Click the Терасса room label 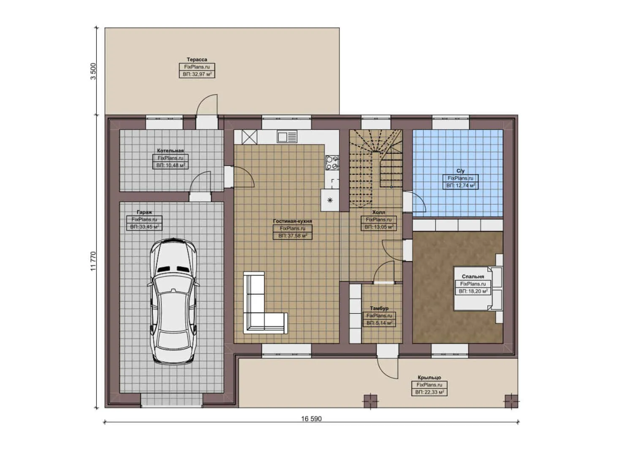point(197,60)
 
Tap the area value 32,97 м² point(197,74)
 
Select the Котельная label point(170,150)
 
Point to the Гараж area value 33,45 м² point(145,227)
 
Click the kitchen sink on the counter point(287,136)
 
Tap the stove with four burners point(332,163)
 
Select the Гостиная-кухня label point(292,221)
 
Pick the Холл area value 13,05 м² point(379,227)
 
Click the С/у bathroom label point(460,171)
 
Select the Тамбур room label point(379,308)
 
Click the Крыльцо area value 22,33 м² point(429,392)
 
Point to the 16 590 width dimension point(311,419)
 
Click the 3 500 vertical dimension point(93,71)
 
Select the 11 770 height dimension point(93,261)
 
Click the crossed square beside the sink point(249,137)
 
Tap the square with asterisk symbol point(330,200)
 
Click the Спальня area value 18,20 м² point(473,291)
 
